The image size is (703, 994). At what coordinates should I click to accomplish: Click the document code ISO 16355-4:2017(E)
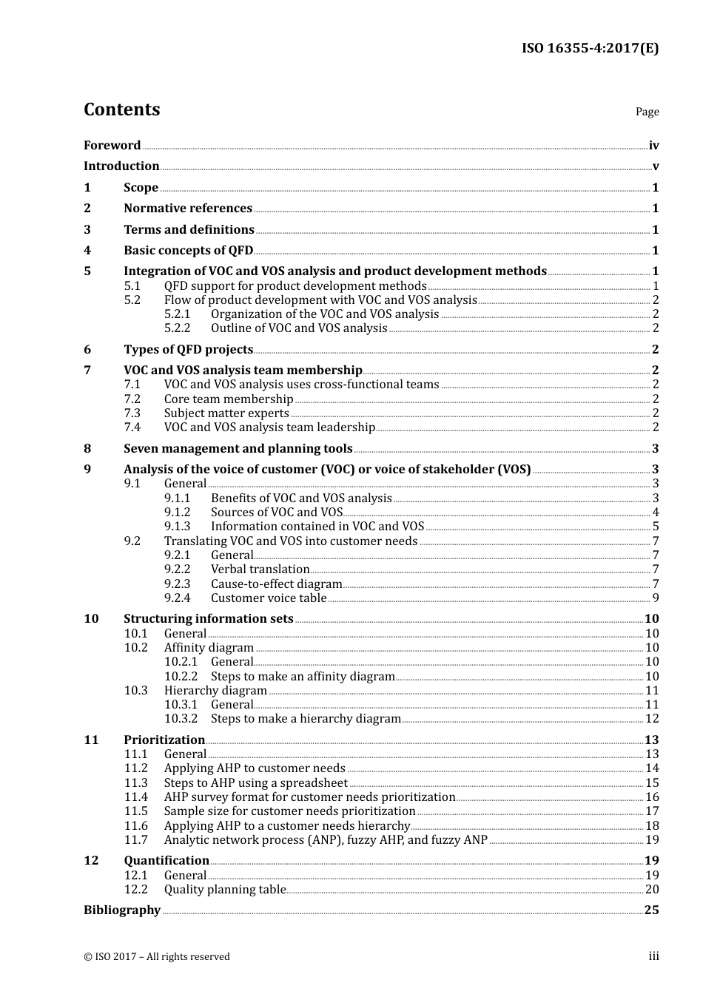click(590, 49)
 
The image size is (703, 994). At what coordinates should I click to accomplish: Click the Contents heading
click(122, 109)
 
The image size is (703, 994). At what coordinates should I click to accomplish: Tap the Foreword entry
click(112, 146)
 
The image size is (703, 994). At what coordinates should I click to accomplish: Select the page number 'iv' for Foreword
click(653, 146)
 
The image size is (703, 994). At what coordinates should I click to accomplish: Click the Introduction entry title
click(121, 166)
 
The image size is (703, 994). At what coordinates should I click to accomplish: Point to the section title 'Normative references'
click(188, 209)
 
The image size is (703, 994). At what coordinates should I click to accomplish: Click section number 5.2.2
click(177, 328)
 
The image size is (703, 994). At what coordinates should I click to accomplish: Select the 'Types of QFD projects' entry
click(188, 350)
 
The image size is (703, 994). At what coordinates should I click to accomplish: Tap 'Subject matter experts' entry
click(226, 413)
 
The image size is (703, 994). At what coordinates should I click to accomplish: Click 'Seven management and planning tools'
click(238, 449)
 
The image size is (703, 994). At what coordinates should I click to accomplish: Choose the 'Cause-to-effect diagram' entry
click(276, 584)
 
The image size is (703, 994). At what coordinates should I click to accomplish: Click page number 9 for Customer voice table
click(655, 598)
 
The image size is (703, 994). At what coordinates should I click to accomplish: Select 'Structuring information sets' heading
click(208, 619)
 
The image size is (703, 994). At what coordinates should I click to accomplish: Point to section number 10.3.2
click(181, 719)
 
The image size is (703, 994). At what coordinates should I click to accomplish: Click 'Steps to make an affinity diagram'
click(303, 677)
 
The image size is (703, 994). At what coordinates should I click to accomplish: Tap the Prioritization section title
click(164, 740)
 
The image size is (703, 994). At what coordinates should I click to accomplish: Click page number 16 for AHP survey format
click(652, 797)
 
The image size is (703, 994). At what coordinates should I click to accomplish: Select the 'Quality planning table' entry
click(225, 890)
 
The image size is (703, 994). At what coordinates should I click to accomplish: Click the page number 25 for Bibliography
click(651, 910)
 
